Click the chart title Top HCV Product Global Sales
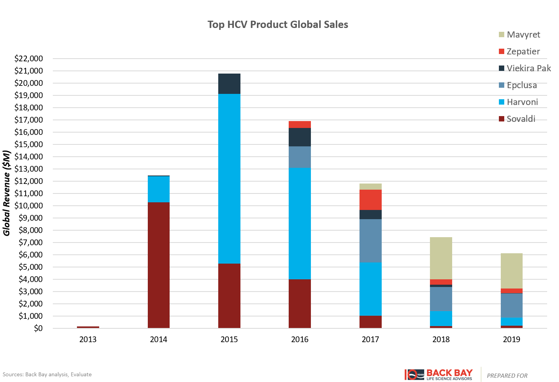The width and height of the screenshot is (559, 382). click(x=278, y=25)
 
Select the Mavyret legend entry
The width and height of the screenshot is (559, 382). click(x=523, y=34)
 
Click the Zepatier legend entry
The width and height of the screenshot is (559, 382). click(x=523, y=51)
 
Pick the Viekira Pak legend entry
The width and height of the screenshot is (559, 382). click(x=528, y=68)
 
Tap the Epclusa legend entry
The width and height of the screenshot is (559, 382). click(x=521, y=85)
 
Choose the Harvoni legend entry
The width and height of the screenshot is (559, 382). click(x=522, y=102)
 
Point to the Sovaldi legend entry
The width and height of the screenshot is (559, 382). click(x=521, y=119)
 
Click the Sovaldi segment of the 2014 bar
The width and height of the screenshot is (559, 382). click(x=159, y=265)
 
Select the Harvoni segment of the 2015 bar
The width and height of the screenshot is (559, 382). click(x=229, y=179)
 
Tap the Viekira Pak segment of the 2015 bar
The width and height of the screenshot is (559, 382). click(x=229, y=84)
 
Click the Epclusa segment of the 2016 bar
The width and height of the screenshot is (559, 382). click(x=300, y=157)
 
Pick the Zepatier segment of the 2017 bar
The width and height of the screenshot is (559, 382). click(x=370, y=200)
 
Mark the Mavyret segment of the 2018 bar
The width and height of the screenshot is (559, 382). click(x=441, y=258)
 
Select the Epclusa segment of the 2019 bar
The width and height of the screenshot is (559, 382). click(x=512, y=305)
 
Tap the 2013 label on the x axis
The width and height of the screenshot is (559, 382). click(x=88, y=339)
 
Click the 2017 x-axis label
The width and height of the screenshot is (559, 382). click(x=370, y=339)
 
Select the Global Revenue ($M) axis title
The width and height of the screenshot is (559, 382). click(x=7, y=193)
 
